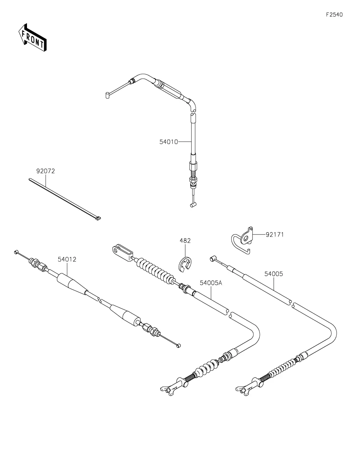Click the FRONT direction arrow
(32, 37)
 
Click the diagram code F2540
(334, 15)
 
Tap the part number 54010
(169, 142)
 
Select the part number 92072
(46, 171)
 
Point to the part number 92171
(275, 235)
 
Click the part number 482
(185, 241)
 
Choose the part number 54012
(67, 259)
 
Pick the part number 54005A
(211, 283)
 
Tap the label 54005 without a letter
(274, 274)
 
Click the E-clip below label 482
(185, 265)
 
